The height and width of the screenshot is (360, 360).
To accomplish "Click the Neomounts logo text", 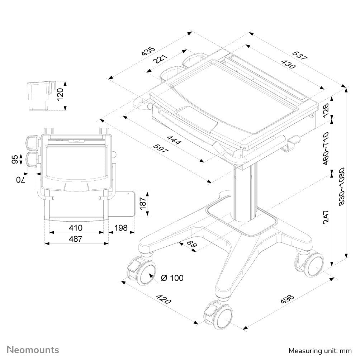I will click(x=33, y=349).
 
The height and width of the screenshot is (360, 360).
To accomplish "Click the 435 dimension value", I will click(x=148, y=51).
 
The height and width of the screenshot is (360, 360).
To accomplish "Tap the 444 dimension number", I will click(x=174, y=138).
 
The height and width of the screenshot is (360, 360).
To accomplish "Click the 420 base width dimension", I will click(x=162, y=300).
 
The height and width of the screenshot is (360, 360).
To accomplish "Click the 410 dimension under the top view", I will click(x=76, y=228).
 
